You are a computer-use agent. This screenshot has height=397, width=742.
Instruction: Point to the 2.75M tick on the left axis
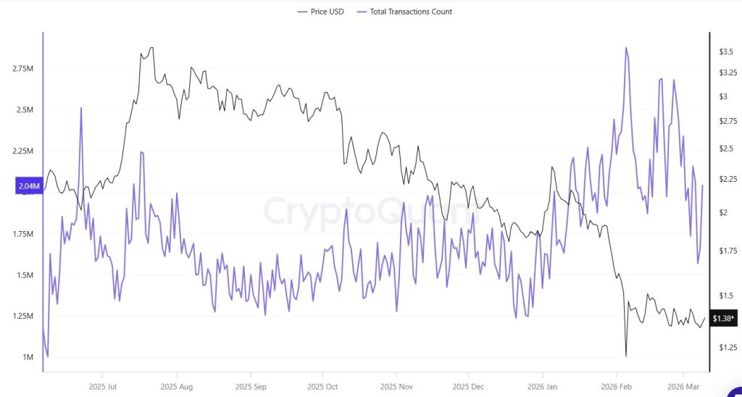pyautogui.click(x=22, y=69)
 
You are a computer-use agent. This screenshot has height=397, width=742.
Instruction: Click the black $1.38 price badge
pyautogui.click(x=724, y=319)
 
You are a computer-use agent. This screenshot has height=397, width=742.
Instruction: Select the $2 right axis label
pyautogui.click(x=723, y=212)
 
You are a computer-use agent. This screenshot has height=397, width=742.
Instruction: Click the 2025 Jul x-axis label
pyautogui.click(x=102, y=387)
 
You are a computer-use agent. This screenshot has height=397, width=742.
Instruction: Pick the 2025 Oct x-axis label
pyautogui.click(x=322, y=387)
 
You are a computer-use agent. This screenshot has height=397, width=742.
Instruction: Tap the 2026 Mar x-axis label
pyautogui.click(x=683, y=387)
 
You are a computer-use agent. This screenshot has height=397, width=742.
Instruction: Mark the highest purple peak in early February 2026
pyautogui.click(x=625, y=48)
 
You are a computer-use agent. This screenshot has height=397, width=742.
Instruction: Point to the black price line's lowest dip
pyautogui.click(x=625, y=356)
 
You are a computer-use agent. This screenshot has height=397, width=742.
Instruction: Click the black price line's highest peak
pyautogui.click(x=151, y=48)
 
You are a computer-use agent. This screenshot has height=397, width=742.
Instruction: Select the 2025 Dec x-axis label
pyautogui.click(x=468, y=387)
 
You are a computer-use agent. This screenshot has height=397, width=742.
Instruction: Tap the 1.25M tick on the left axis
pyautogui.click(x=22, y=317)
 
